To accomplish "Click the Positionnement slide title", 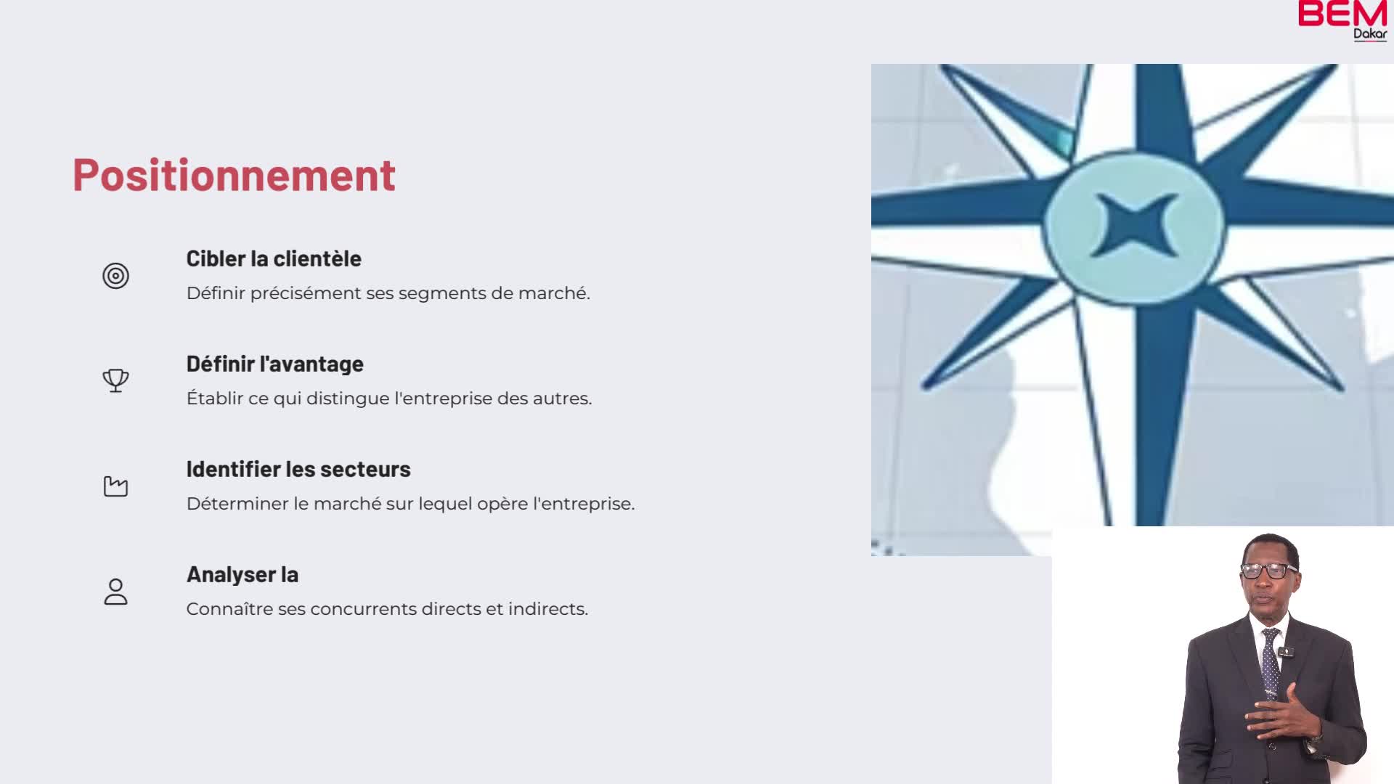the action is point(234,175).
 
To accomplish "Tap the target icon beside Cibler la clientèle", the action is point(115,276).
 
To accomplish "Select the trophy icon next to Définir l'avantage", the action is point(115,380).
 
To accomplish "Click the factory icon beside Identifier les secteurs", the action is point(115,486).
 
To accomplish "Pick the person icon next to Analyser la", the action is point(115,592).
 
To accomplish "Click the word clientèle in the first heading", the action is point(317,259).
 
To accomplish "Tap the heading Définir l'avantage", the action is point(274,364).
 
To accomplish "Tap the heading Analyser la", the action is point(242,575).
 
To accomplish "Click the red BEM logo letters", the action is point(1342,14).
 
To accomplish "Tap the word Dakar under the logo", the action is point(1370,34).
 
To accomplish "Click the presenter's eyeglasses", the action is point(1268,570).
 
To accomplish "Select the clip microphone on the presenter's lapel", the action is point(1284,651).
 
